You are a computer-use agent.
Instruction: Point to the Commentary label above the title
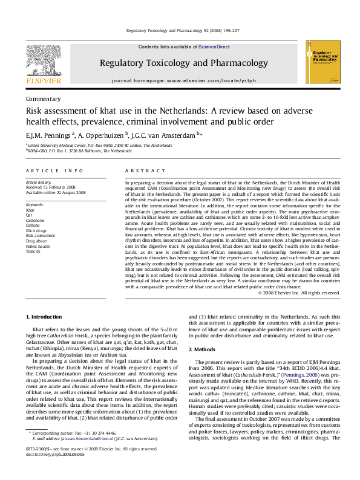pos(43,99)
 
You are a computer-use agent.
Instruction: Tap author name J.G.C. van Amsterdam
pos(162,135)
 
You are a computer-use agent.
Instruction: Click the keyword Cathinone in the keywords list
pos(36,221)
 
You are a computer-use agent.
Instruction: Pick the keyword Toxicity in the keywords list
pos(33,250)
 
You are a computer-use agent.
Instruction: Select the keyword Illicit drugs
pos(36,230)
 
